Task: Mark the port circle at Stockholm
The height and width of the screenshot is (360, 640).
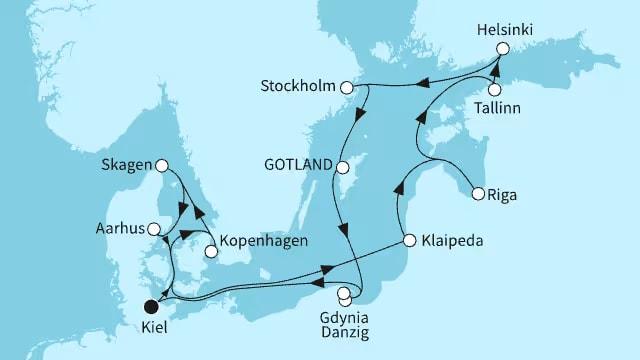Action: [348, 88]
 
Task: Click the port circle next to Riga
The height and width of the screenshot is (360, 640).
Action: [478, 194]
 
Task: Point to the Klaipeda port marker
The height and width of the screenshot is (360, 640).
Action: [409, 240]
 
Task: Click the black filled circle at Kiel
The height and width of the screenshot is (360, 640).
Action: [152, 307]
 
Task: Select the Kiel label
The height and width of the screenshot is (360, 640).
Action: [152, 328]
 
